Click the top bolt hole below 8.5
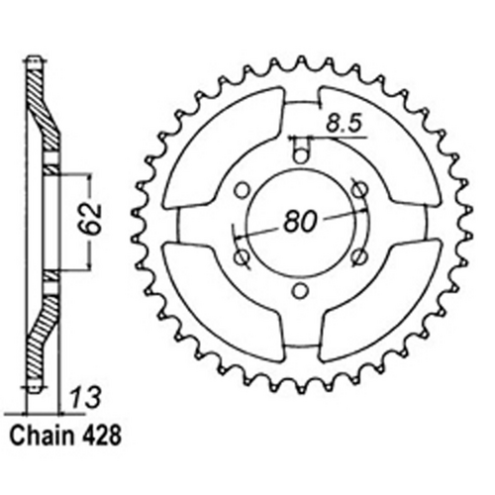(299, 150)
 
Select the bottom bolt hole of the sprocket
(299, 291)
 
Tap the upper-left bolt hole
(239, 186)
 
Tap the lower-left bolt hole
(239, 256)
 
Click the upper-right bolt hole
(359, 186)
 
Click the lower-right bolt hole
(359, 256)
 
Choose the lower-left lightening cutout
(223, 302)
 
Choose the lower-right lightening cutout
(376, 302)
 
